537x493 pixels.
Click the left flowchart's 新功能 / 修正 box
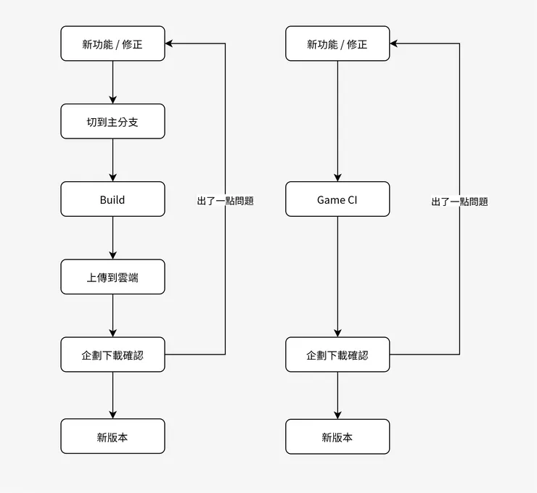[x=112, y=43]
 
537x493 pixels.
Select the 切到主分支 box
[x=112, y=121]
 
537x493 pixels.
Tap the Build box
[x=112, y=199]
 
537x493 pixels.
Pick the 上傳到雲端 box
[x=112, y=277]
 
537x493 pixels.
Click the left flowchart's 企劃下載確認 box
[x=112, y=355]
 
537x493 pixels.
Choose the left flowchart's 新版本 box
[x=112, y=436]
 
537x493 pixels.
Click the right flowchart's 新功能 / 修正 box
[x=337, y=43]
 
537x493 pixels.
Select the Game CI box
[x=337, y=199]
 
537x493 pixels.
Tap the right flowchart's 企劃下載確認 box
[x=337, y=355]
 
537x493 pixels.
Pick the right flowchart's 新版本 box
[x=337, y=436]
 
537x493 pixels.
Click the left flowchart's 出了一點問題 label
[x=225, y=201]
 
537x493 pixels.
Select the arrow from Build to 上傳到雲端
[x=112, y=238]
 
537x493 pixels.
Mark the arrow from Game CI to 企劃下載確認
[x=337, y=276]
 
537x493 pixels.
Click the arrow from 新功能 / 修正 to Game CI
[x=337, y=120]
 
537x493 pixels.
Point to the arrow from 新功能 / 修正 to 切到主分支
[x=112, y=82]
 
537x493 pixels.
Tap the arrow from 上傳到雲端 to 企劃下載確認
[x=112, y=315]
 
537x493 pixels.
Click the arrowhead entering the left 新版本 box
[x=112, y=414]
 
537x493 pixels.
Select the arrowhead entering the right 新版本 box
[x=337, y=414]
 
